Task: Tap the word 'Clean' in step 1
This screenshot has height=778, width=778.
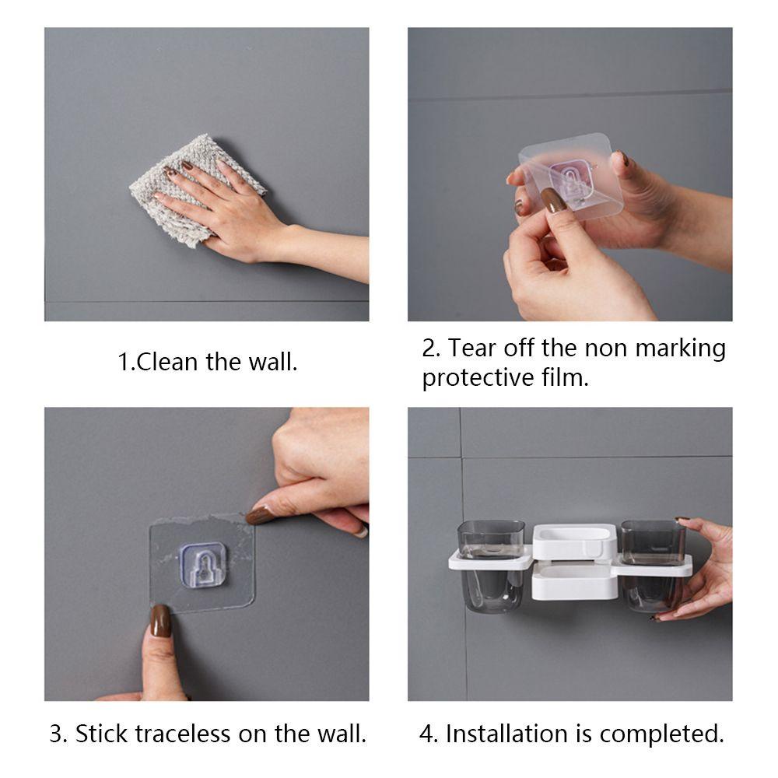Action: click(167, 362)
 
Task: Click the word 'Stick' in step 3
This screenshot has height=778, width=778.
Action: click(101, 734)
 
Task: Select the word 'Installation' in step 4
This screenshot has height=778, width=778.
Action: click(506, 734)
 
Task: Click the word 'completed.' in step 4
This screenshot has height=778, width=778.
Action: click(662, 734)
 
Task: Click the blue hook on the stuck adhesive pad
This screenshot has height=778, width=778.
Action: click(203, 565)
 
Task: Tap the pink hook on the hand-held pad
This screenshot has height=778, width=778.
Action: click(570, 180)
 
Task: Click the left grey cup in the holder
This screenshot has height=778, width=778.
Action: click(490, 565)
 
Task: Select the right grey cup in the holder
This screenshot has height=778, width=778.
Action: click(653, 565)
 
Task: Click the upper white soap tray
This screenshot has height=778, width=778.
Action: click(574, 541)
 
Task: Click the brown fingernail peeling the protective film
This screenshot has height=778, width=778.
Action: click(550, 201)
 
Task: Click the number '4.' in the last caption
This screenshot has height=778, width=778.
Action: click(428, 734)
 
